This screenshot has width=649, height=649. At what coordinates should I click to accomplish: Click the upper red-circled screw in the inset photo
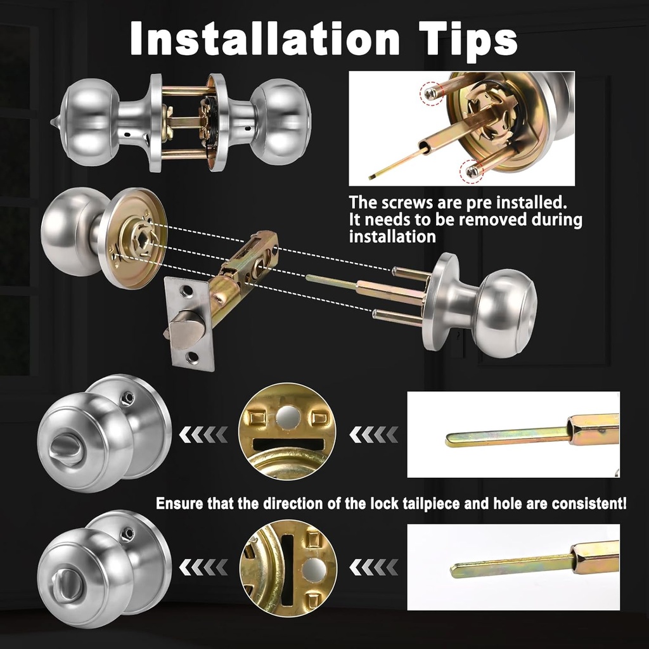click(x=432, y=94)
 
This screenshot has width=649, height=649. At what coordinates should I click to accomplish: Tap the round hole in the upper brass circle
click(x=288, y=416)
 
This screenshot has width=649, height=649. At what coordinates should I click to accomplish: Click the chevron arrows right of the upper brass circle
click(x=375, y=435)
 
